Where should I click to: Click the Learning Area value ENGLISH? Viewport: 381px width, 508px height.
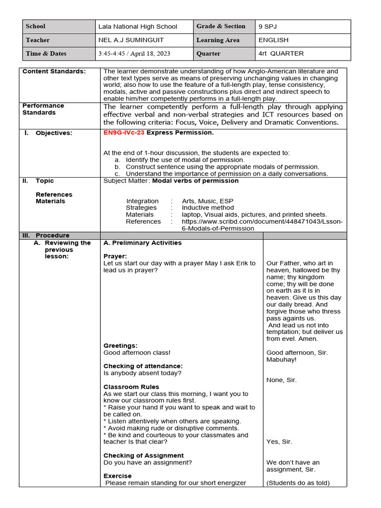click(x=273, y=40)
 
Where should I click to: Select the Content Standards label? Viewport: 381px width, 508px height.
click(x=54, y=71)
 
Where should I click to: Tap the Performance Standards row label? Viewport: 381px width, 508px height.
click(x=43, y=109)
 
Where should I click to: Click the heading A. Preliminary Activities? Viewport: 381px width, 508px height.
click(x=142, y=243)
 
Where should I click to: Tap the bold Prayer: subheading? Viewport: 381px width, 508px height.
click(x=115, y=256)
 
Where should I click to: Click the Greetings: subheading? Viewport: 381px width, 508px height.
click(x=121, y=346)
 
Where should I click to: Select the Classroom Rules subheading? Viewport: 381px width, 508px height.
click(x=131, y=387)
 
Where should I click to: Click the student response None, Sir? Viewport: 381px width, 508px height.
click(x=281, y=380)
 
